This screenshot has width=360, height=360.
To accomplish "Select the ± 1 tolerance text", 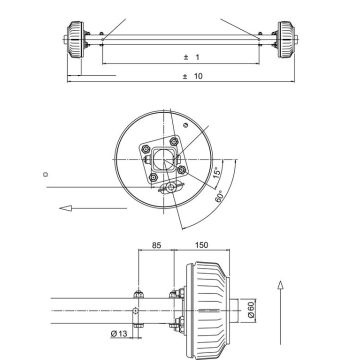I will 191,57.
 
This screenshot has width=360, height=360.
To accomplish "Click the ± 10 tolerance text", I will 191,76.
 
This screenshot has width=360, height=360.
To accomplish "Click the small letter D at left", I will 45,173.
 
